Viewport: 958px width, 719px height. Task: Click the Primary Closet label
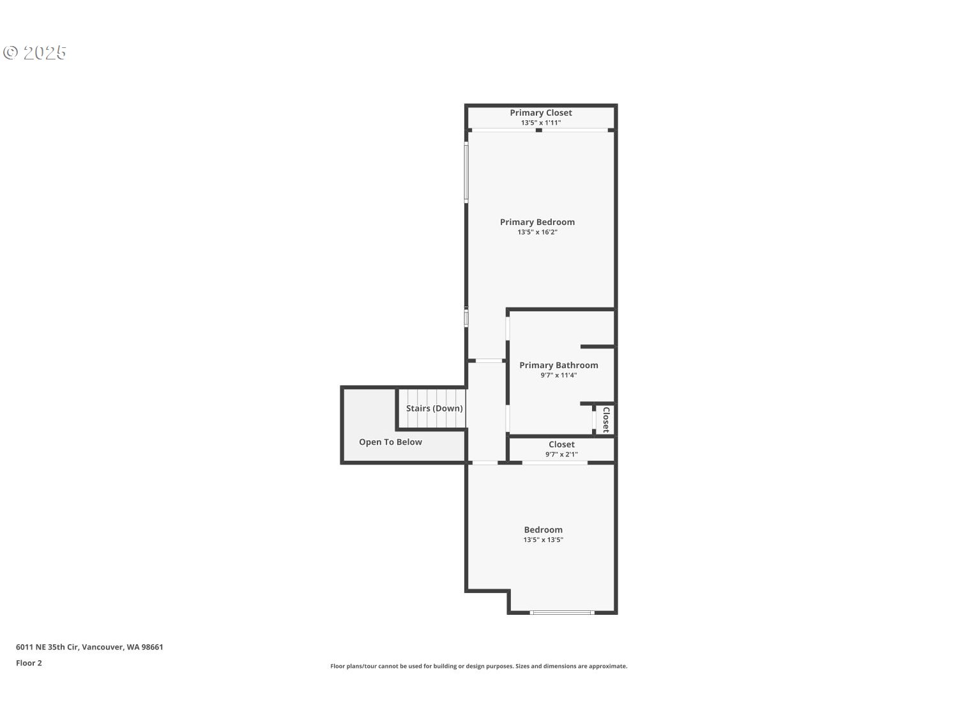(541, 112)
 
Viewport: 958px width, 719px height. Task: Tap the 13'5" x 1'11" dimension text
(541, 123)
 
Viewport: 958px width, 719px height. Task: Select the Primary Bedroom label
(537, 222)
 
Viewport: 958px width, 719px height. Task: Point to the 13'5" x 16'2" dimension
(537, 232)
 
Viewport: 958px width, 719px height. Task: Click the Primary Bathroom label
(559, 366)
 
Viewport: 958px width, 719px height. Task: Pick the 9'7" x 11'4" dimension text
(559, 375)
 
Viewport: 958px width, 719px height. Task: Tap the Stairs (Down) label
(434, 408)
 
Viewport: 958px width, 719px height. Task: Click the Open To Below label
(390, 442)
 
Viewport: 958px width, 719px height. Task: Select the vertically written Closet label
(606, 420)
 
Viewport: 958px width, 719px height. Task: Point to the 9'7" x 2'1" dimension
(561, 454)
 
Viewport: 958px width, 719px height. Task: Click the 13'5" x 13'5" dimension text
(544, 540)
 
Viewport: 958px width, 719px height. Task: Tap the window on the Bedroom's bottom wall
(562, 613)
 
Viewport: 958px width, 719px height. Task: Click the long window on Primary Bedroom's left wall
(466, 172)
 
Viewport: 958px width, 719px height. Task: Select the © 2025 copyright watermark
(34, 53)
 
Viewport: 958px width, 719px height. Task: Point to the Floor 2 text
(29, 663)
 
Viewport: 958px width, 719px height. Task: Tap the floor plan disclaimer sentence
(479, 666)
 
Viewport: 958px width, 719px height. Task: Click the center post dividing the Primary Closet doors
(539, 130)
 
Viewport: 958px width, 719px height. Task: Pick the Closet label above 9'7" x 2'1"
(561, 444)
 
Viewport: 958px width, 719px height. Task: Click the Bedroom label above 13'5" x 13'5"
(544, 530)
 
